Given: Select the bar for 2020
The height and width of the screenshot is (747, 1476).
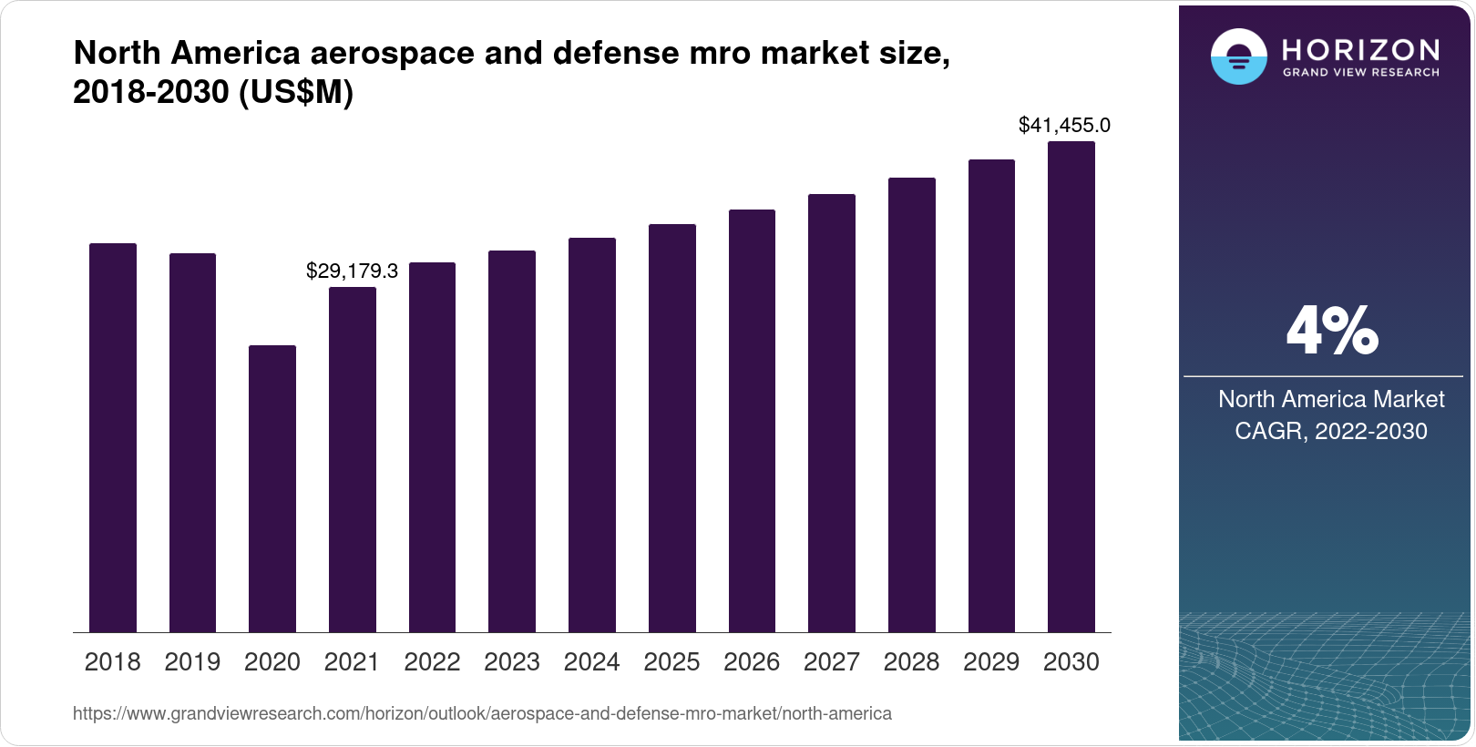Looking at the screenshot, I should [x=272, y=488].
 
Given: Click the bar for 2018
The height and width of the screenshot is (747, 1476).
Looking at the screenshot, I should [x=113, y=437].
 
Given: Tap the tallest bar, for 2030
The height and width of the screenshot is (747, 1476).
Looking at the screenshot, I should [x=1071, y=386].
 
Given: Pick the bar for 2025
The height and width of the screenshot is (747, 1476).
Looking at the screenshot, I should [x=672, y=428].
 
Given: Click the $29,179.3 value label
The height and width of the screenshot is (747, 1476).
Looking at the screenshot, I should [x=352, y=271].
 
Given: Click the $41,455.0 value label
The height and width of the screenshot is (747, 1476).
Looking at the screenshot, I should [x=1064, y=125].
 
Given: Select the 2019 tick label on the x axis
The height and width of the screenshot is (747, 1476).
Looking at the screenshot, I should [x=192, y=662].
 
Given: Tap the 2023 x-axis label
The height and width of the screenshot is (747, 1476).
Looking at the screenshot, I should [x=512, y=662].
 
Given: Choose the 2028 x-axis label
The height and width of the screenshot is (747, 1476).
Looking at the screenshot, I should [x=911, y=662].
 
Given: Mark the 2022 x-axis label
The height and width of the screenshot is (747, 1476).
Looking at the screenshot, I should [x=432, y=662].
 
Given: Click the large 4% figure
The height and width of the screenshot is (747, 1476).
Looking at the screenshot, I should [x=1331, y=332].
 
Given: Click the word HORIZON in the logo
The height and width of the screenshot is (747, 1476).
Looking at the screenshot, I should [x=1361, y=49].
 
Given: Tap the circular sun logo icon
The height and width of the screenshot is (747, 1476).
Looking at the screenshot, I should [x=1238, y=57].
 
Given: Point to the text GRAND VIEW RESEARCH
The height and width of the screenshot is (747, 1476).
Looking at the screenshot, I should [x=1361, y=73].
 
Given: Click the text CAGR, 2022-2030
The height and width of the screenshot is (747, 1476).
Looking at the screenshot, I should [x=1330, y=431].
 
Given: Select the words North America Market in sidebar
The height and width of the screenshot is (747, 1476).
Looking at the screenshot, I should [x=1330, y=399].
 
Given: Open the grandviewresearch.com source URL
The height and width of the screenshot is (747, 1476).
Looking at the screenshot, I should [x=482, y=713].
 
